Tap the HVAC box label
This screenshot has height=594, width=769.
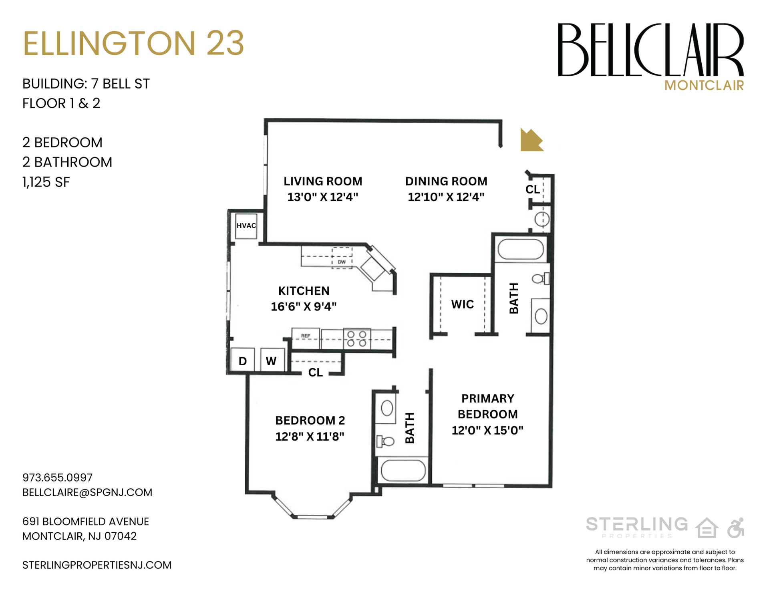tap(246, 226)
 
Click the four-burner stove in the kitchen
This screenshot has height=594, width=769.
tap(356, 339)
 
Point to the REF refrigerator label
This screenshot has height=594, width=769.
tap(306, 336)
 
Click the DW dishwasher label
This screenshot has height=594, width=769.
tap(342, 262)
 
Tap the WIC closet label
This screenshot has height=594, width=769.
tap(462, 304)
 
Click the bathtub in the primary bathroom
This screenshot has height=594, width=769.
tap(520, 249)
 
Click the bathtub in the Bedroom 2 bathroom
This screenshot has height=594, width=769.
tap(403, 470)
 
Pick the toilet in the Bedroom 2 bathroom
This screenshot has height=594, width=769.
tap(386, 441)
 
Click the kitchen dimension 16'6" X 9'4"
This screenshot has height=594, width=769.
tap(304, 307)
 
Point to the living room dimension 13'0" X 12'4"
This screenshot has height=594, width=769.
tap(323, 197)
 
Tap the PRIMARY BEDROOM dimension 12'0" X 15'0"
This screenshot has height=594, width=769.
tap(487, 431)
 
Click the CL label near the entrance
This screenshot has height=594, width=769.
tap(533, 189)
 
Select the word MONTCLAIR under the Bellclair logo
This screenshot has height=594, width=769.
tap(704, 85)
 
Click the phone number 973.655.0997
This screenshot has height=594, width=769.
tap(57, 477)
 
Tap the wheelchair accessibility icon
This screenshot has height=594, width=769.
tap(736, 528)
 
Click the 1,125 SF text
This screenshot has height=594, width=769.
tap(46, 182)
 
